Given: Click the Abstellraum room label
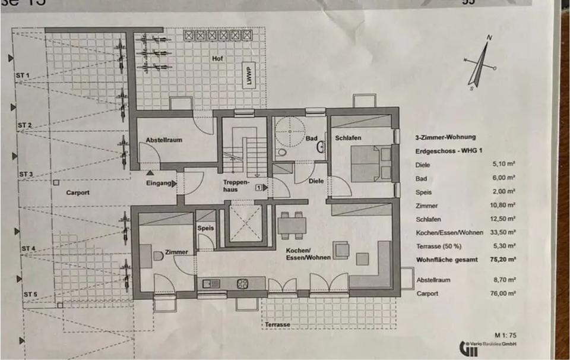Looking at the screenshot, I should pos(164,141).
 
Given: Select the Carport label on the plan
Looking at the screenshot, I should pos(78,192).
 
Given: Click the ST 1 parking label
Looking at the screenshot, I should pos(23,76).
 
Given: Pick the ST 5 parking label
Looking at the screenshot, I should pos(30,295).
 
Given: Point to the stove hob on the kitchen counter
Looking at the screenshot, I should pos(242,284).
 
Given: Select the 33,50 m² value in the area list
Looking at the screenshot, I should pos(503,232).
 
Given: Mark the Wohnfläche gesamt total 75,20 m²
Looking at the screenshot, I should pos(503,259).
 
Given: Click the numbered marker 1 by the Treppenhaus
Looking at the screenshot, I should pos(258,187).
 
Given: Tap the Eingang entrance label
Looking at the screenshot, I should pos(159,184).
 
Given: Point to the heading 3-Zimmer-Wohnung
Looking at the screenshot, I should pos(445,137).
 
